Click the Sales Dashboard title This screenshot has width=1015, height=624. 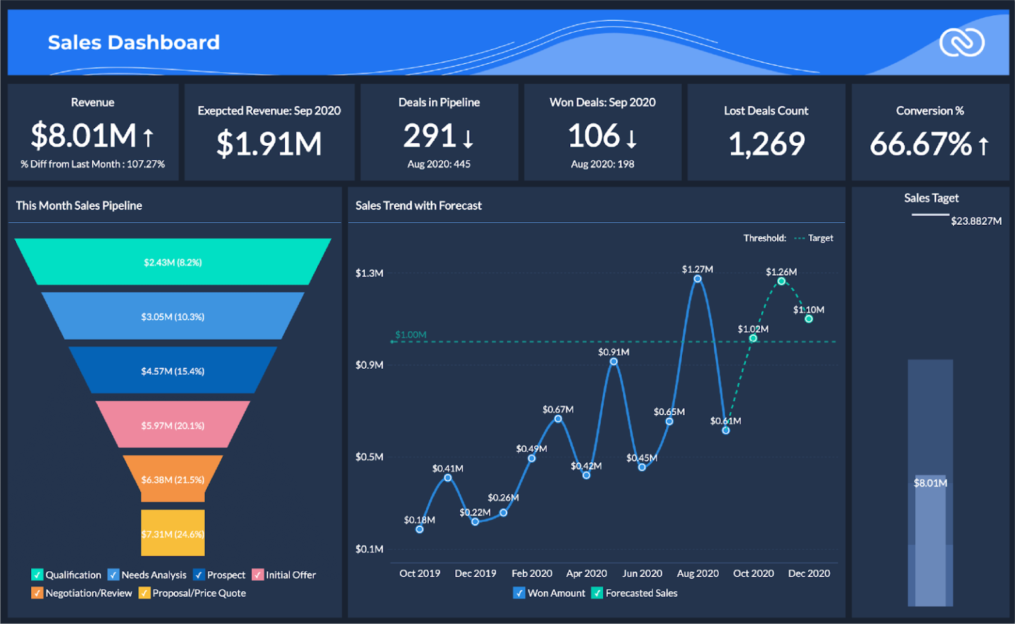point(133,42)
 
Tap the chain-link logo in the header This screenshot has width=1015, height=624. point(961,43)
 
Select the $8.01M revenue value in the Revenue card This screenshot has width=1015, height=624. point(83,136)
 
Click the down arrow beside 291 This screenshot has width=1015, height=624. point(469,138)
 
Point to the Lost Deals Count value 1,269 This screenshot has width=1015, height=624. point(766,143)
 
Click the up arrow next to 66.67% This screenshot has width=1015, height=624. point(983,145)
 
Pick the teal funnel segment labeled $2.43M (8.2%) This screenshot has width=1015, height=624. point(172,262)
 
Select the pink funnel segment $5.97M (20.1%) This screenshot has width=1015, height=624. point(172,425)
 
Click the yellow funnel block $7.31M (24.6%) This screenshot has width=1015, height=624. point(172,533)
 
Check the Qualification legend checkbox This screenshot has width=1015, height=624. point(38,574)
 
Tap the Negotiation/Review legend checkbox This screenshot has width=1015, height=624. point(38,593)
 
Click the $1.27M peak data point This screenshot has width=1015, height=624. point(697,279)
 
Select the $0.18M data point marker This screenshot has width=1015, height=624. point(420,529)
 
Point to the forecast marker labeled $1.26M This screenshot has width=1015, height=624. point(781,282)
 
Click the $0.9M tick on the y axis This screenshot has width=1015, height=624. point(369,365)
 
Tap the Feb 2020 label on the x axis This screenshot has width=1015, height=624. point(531,573)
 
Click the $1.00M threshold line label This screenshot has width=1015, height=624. point(410,334)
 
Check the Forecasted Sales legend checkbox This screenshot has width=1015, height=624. point(597,593)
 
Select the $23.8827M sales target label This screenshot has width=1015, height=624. point(976,221)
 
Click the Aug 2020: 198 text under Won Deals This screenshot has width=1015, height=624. point(602,164)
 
